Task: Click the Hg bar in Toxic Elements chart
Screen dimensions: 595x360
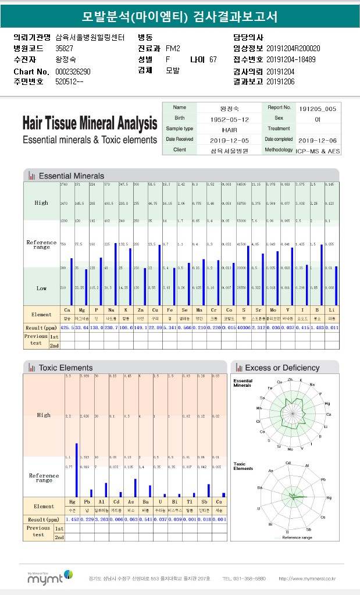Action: click(77, 470)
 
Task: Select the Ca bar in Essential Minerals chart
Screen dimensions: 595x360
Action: click(72, 282)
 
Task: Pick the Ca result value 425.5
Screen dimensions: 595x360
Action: click(67, 327)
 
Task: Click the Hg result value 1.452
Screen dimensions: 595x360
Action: click(72, 519)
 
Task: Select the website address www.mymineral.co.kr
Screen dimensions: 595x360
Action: click(306, 579)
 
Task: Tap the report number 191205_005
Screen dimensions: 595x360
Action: click(317, 108)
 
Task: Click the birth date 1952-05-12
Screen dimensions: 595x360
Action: click(229, 119)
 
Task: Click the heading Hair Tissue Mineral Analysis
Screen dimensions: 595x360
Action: click(90, 124)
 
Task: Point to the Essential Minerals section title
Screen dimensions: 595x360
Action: click(71, 176)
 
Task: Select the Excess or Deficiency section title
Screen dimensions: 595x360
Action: click(282, 368)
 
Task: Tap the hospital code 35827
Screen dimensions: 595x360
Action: click(64, 48)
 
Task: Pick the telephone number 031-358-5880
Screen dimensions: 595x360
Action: click(244, 579)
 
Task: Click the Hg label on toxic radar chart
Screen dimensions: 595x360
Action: click(329, 498)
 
